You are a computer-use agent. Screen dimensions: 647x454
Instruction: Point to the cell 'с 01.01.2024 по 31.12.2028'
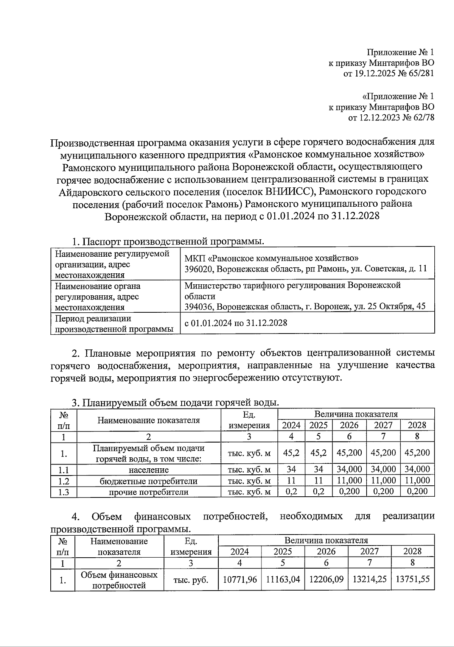[x=236, y=323]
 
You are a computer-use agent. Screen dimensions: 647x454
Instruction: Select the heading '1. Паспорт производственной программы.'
[x=168, y=241]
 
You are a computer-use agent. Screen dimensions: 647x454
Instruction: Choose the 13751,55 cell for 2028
[x=412, y=579]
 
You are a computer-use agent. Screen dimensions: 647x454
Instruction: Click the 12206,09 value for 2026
[x=326, y=579]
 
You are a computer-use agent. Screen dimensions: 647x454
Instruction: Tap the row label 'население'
[x=149, y=470]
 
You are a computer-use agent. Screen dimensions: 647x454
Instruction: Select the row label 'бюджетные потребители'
[x=149, y=481]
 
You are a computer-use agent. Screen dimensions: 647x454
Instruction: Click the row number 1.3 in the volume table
[x=64, y=492]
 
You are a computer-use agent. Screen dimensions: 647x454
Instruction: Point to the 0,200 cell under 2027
[x=383, y=491]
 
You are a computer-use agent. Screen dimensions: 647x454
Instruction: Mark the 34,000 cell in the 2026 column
[x=349, y=469]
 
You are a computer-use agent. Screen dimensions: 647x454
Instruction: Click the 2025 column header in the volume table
[x=319, y=425]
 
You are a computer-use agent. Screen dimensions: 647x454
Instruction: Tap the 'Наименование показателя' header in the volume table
[x=149, y=420]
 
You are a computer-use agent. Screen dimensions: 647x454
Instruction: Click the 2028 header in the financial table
[x=412, y=551]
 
